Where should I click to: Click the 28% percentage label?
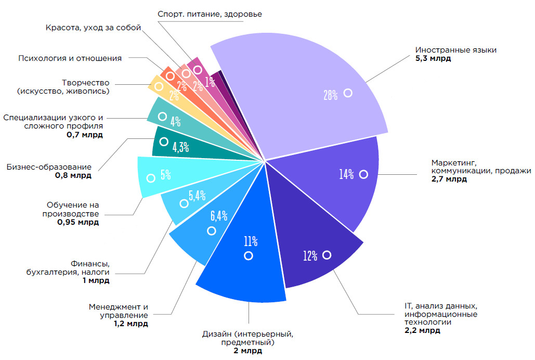[331, 95]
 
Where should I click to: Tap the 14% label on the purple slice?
[346, 174]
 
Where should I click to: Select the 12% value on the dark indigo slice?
[310, 255]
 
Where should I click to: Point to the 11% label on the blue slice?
[251, 241]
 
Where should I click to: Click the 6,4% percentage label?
[219, 215]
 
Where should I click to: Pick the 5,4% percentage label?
[197, 196]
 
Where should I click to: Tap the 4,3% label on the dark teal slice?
[180, 147]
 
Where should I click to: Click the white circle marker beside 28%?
[348, 93]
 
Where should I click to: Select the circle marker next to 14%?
[363, 174]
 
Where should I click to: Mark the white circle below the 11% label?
[249, 255]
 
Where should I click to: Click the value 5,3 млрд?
[433, 59]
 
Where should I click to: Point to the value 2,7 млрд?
[449, 179]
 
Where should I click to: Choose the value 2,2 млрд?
[422, 330]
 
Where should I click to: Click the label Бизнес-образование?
[49, 167]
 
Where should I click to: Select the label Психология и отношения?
[70, 58]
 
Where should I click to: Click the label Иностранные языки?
[456, 50]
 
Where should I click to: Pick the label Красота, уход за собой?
[93, 28]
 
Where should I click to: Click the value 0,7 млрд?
[84, 134]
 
